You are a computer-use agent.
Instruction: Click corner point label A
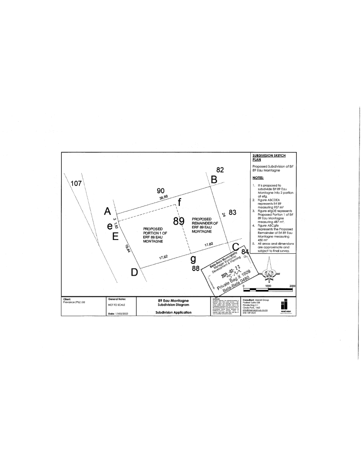107,211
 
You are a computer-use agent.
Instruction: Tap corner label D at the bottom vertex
134,273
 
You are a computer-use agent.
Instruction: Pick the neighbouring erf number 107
76,184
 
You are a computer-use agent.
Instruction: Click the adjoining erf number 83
232,212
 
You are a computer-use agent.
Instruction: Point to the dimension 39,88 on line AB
164,197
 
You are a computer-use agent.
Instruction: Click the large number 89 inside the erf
178,221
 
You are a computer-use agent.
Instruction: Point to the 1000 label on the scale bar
268,286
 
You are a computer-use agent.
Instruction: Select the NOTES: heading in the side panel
258,177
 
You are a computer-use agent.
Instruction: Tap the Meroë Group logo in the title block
285,306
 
